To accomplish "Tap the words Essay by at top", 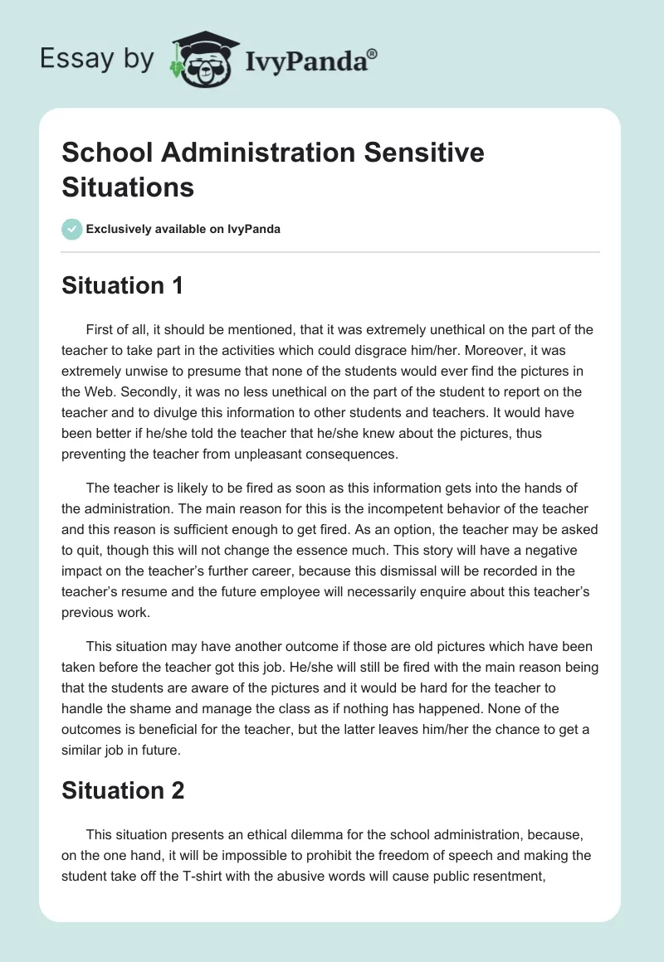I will coord(96,59).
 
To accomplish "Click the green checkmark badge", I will coord(72,229).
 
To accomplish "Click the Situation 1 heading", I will coord(122,286).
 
